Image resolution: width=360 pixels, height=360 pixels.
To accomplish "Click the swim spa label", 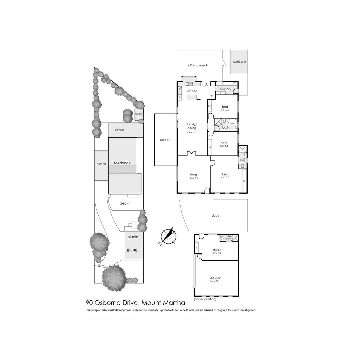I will pyautogui.click(x=239, y=62).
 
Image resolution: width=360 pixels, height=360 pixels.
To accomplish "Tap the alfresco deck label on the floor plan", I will pyautogui.click(x=198, y=65).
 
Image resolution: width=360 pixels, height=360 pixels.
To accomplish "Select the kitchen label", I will pyautogui.click(x=192, y=91).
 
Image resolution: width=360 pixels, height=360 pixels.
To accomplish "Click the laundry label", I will pyautogui.click(x=226, y=89).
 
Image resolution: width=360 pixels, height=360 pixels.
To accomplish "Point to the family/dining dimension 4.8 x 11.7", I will pyautogui.click(x=192, y=132).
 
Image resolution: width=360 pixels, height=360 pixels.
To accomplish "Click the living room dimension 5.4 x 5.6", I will pyautogui.click(x=193, y=178).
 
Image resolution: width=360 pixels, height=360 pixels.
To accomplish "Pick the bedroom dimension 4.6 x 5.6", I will pyautogui.click(x=225, y=178).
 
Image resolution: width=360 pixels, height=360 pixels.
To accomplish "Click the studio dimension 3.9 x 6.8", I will pyautogui.click(x=217, y=253).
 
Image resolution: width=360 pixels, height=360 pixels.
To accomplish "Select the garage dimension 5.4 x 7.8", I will pyautogui.click(x=215, y=281).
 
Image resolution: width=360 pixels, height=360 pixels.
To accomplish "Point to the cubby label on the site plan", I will pyautogui.click(x=138, y=114).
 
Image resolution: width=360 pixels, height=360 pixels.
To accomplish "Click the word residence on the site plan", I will pyautogui.click(x=122, y=163).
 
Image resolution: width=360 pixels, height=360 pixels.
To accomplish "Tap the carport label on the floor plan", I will pyautogui.click(x=165, y=140).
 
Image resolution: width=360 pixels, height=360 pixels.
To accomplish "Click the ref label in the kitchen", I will pyautogui.click(x=211, y=96).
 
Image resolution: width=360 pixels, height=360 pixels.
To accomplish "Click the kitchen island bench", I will pyautogui.click(x=192, y=97).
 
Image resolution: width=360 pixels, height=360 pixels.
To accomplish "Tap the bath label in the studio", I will pyautogui.click(x=229, y=239).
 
